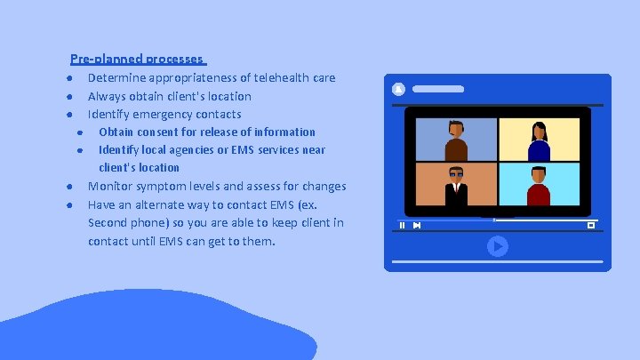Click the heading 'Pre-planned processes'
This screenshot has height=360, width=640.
(137, 60)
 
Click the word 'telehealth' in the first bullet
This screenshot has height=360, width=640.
(270, 78)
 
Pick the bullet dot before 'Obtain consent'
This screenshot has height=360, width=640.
(79, 132)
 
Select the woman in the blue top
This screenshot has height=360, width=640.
(539, 140)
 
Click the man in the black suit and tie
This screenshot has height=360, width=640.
(456, 184)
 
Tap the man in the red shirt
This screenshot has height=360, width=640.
(539, 185)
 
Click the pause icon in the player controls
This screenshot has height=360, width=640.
(402, 225)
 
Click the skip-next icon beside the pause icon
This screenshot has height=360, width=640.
(417, 225)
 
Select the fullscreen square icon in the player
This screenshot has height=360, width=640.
(590, 225)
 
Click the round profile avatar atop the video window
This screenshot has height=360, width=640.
(398, 89)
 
